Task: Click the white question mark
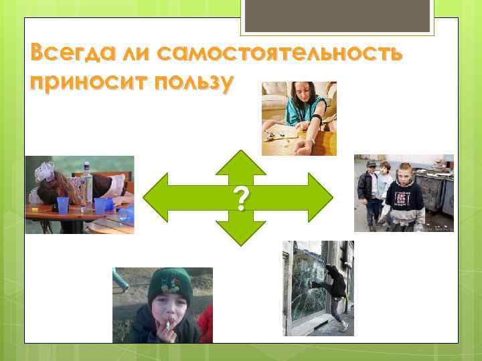241,199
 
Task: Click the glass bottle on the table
86,178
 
